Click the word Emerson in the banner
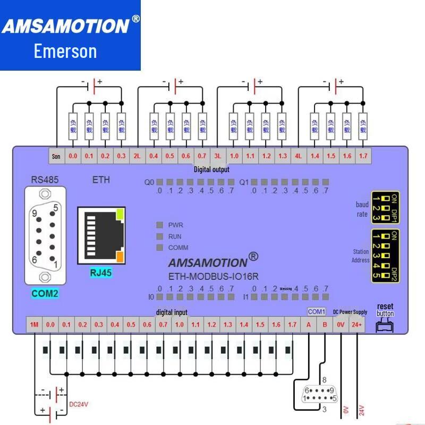[x=65, y=52]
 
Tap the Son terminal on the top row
[x=56, y=156]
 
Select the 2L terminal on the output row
[x=137, y=156]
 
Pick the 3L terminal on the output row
[x=218, y=156]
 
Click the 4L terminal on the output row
[x=299, y=156]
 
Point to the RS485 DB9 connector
[x=45, y=234]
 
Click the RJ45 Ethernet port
[x=101, y=235]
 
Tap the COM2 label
[x=45, y=293]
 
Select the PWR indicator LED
[x=159, y=225]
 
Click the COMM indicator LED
[x=159, y=248]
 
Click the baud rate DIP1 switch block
[x=385, y=208]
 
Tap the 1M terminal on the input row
[x=35, y=325]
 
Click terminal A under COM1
[x=309, y=325]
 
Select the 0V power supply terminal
[x=341, y=325]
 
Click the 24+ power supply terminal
[x=357, y=325]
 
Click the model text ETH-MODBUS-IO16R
[x=213, y=276]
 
